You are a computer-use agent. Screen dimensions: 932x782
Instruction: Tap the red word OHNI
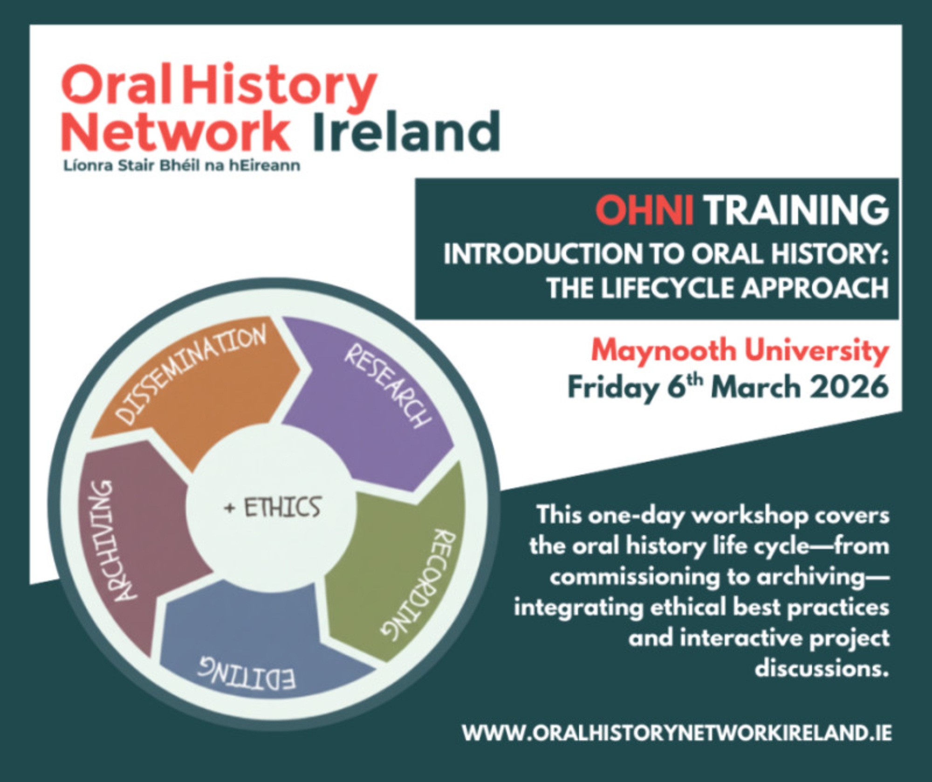pos(644,211)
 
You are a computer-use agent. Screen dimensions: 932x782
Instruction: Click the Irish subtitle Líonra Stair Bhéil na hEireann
pos(182,166)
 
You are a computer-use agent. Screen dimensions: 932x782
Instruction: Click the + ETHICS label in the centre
pos(273,507)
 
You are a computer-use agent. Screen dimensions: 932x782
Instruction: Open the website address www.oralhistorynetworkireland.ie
pos(677,733)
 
